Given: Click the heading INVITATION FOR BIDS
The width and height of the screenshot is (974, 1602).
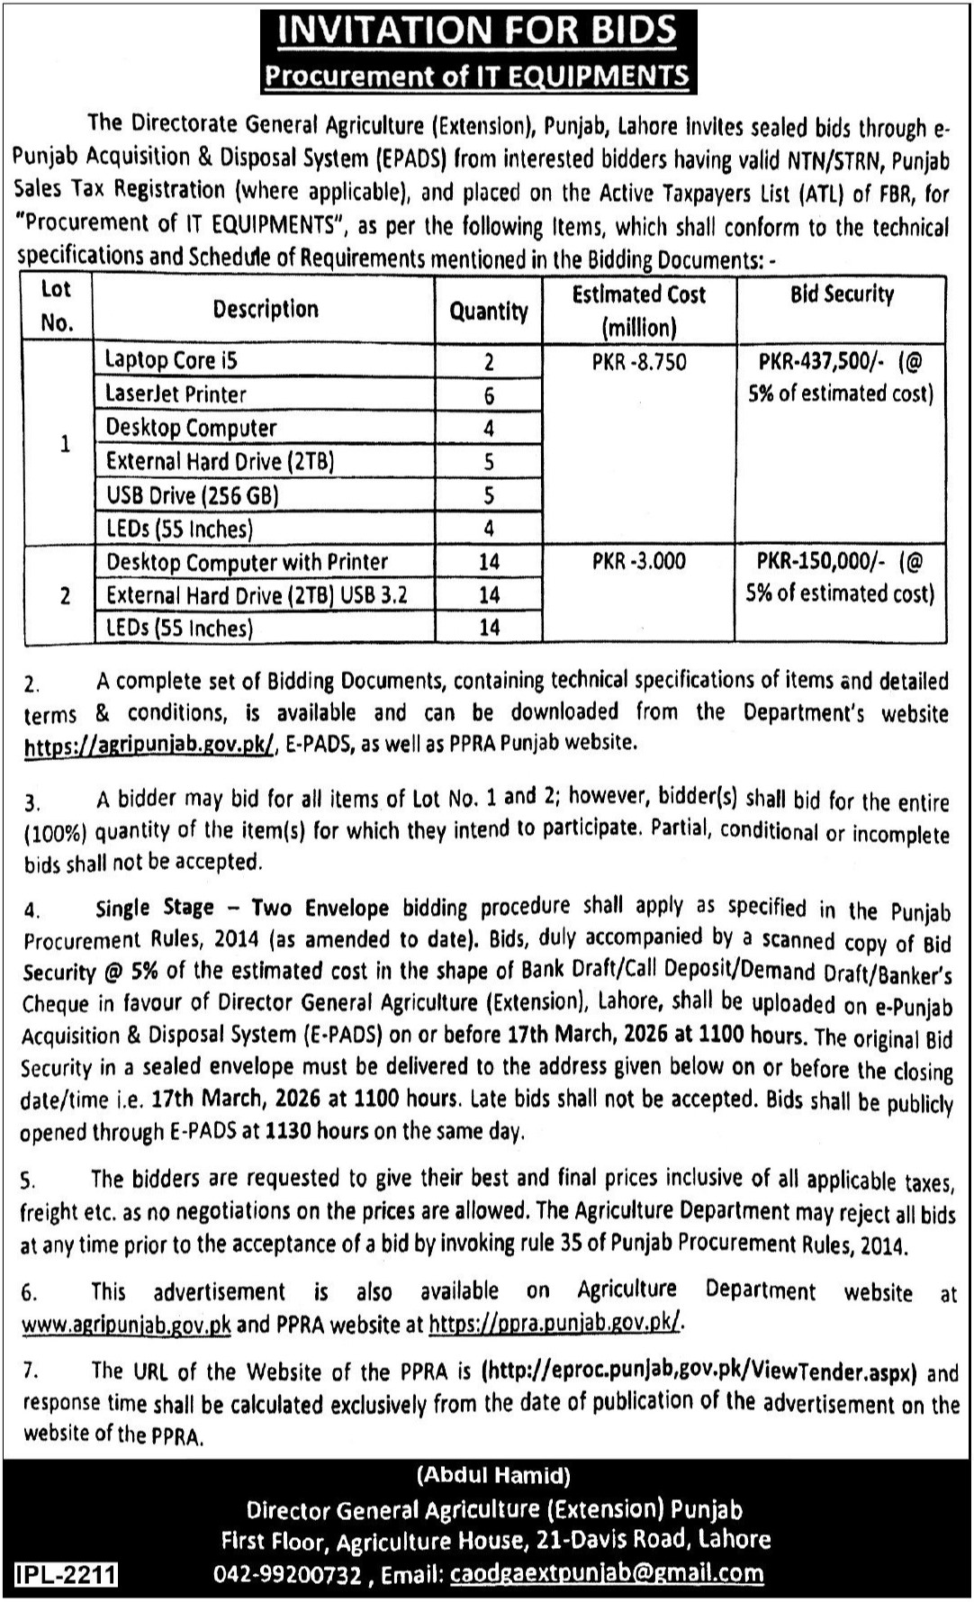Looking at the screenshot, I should click(x=477, y=30).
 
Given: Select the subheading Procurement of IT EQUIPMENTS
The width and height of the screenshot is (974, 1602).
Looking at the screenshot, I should click(x=477, y=76).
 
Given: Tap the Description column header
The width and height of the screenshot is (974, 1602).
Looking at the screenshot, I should click(x=266, y=310).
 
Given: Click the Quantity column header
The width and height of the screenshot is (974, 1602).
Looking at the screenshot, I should click(x=489, y=312).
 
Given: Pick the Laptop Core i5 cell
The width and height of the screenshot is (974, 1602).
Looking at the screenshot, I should click(x=171, y=360).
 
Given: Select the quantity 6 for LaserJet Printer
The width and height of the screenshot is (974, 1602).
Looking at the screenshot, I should click(x=489, y=395).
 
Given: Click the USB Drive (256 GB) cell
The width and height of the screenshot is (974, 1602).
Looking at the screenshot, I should click(x=192, y=495).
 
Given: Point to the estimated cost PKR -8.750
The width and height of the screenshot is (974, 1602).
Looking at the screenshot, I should click(x=638, y=362).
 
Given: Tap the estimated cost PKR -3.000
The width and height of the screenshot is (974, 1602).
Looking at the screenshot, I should click(x=638, y=561).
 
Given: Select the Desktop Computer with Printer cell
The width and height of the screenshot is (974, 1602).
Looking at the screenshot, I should click(x=247, y=562).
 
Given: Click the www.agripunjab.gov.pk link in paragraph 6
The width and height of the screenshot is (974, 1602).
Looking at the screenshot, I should click(x=127, y=1326).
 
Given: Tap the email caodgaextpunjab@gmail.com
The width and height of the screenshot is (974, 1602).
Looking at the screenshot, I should click(x=607, y=1573).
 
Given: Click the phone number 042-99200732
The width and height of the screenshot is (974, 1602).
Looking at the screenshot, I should click(x=288, y=1574).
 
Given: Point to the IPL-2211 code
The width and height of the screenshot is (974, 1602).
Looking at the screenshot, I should click(x=66, y=1574).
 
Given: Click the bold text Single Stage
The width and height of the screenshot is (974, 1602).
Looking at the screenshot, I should click(x=154, y=908).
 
